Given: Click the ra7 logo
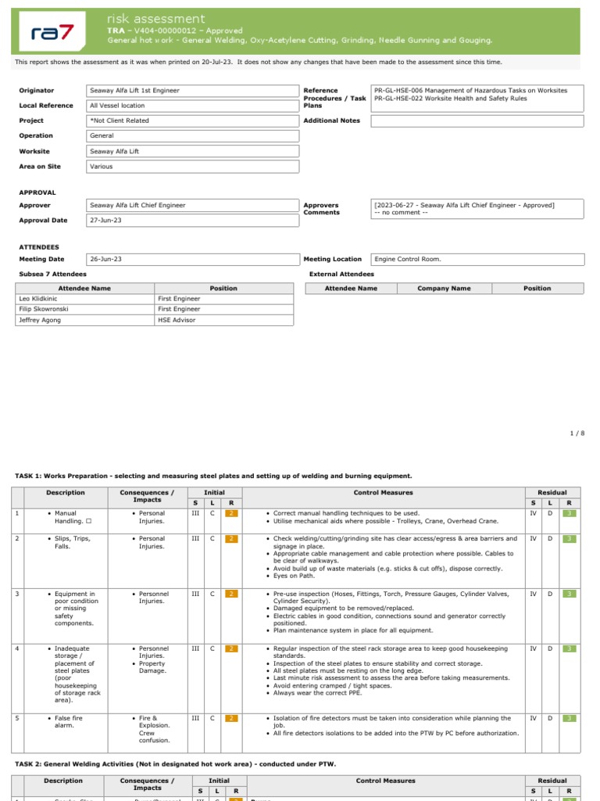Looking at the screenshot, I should (51, 31).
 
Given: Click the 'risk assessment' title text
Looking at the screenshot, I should (156, 19).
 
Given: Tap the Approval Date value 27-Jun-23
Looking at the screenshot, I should (105, 221).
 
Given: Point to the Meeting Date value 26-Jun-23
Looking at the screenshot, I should (105, 259).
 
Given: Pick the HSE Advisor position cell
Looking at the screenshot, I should (176, 320).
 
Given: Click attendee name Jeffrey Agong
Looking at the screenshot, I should (41, 320).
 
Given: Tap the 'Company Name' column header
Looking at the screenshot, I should (444, 289).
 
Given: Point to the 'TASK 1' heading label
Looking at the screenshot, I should (33, 476).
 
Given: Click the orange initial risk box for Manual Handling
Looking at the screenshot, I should (231, 513).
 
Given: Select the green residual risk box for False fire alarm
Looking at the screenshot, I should (570, 718).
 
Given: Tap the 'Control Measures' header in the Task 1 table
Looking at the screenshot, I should (384, 493).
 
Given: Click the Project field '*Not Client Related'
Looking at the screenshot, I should (120, 121).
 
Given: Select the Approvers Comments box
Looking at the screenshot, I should (477, 209).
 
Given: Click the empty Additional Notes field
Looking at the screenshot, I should (477, 121).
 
